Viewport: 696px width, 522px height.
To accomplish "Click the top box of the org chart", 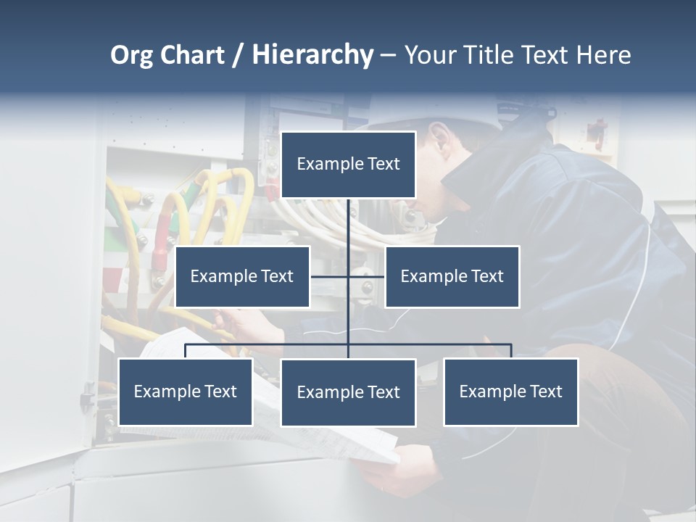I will tap(348, 165).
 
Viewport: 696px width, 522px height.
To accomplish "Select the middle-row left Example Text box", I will tap(242, 276).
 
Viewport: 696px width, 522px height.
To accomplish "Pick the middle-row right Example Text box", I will tap(452, 276).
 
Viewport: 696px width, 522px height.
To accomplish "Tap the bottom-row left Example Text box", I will tap(185, 391).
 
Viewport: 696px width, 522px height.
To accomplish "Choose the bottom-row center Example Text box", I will tap(348, 392).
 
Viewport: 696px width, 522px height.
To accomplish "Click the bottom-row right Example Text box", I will tap(510, 391).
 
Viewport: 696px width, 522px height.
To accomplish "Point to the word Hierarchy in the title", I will tap(312, 55).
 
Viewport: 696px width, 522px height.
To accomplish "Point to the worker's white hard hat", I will tap(449, 116).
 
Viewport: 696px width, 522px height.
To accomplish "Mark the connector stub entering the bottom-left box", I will tap(185, 352).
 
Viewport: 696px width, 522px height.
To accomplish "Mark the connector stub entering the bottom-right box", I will tap(511, 352).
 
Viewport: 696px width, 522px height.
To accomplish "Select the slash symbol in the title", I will tap(238, 55).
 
